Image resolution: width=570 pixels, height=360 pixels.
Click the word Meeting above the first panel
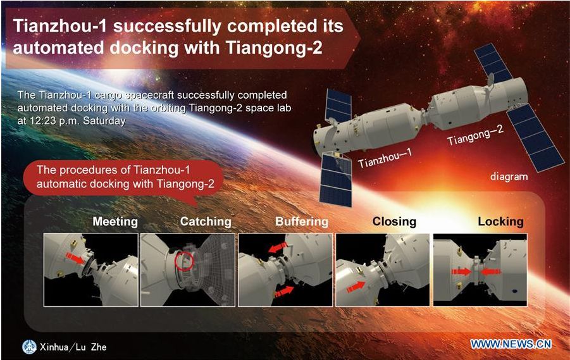[115, 221]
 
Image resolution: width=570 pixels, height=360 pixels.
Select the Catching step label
[206, 221]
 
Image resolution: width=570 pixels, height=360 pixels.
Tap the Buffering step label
[302, 221]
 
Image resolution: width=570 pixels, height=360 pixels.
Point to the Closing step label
[394, 221]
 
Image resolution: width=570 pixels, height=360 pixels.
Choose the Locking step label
[500, 221]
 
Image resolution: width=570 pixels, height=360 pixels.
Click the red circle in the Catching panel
[184, 261]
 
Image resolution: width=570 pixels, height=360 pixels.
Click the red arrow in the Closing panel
[356, 287]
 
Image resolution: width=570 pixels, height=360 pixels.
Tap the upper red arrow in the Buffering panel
[278, 247]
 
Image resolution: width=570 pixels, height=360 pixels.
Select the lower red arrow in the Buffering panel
[284, 291]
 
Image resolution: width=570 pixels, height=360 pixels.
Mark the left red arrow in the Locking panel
[461, 271]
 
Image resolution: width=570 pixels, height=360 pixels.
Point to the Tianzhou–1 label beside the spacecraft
[385, 158]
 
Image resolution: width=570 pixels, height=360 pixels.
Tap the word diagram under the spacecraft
[509, 177]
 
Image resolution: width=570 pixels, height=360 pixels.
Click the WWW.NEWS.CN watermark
[511, 344]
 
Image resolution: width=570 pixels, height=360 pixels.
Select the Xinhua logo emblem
[29, 347]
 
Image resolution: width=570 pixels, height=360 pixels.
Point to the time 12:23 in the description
[44, 121]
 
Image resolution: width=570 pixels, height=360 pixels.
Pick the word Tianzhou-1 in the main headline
[60, 26]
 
